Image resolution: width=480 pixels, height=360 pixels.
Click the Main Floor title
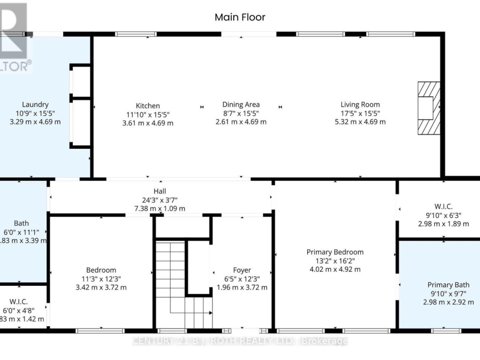tap(240, 17)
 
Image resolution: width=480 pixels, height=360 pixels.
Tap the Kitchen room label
tap(148, 106)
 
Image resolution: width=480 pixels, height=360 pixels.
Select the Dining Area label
tap(241, 105)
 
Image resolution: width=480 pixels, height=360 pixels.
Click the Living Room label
tap(360, 105)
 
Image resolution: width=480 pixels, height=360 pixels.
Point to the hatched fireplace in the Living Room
tap(428, 108)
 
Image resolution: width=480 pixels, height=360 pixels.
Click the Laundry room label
tap(35, 105)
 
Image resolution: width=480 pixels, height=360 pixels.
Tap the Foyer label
tap(242, 270)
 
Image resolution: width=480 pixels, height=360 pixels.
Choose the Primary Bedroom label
tap(335, 252)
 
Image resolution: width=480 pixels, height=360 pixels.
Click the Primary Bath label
tap(448, 285)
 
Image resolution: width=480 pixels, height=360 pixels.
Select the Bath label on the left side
tap(21, 224)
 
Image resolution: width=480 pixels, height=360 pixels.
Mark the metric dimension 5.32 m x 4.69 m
tap(360, 122)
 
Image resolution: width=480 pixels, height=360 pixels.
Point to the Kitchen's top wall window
tap(136, 34)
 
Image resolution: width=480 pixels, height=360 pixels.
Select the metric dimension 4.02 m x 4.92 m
tap(335, 269)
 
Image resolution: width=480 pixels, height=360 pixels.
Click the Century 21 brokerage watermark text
tap(240, 341)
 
